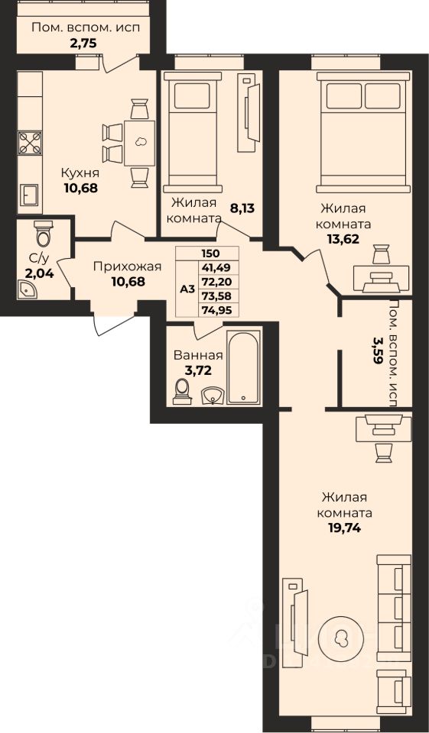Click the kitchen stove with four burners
click(30, 143)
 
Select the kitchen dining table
click(140, 143)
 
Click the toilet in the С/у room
click(44, 234)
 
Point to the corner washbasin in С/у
click(28, 290)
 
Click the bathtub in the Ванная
click(243, 367)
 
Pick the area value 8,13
click(242, 208)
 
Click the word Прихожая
click(127, 267)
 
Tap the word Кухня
click(80, 173)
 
